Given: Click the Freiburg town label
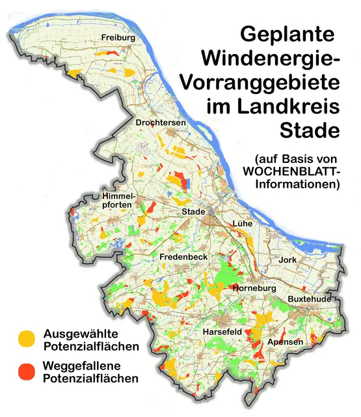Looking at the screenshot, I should pos(118,38).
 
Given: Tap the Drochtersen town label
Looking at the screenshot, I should pos(161,122).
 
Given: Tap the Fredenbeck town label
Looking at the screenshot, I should pos(183,257).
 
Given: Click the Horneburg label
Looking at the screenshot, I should pos(254,288).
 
